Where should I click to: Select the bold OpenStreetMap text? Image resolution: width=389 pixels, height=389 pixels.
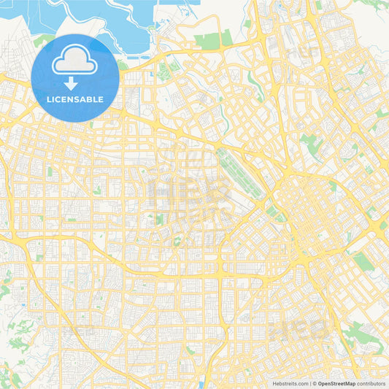click(336, 382)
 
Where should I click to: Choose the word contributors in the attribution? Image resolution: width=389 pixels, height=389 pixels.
click(371, 382)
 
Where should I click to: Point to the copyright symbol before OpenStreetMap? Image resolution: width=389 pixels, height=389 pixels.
click(314, 382)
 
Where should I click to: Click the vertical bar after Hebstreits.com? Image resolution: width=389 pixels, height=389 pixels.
click(309, 382)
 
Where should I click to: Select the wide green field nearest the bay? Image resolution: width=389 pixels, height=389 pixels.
click(207, 41)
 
